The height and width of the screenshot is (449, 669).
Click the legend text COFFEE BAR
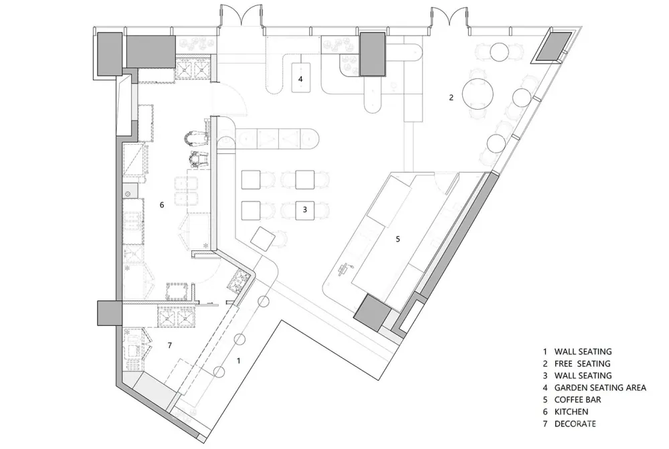click(x=578, y=400)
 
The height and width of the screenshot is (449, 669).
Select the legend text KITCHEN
click(x=571, y=412)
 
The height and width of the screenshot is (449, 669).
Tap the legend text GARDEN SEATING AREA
click(x=600, y=388)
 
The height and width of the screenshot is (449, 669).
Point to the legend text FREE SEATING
click(x=583, y=363)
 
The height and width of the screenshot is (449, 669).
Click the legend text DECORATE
click(x=575, y=424)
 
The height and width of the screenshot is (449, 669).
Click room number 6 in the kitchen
click(x=162, y=205)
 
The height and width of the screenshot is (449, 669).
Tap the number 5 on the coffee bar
click(x=398, y=239)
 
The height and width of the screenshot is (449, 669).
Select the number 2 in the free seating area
click(x=452, y=97)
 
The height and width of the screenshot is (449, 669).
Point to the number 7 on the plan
click(x=170, y=345)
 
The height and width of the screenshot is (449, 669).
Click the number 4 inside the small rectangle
click(x=300, y=79)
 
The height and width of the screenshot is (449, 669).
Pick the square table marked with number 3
click(x=304, y=210)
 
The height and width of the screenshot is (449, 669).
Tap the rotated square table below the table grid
click(x=262, y=240)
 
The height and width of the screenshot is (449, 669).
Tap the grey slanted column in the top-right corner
click(x=553, y=46)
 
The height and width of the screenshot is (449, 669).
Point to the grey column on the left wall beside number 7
click(x=110, y=313)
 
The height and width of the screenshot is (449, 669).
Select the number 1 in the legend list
click(x=545, y=352)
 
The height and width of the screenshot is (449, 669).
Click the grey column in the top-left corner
click(x=110, y=54)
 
